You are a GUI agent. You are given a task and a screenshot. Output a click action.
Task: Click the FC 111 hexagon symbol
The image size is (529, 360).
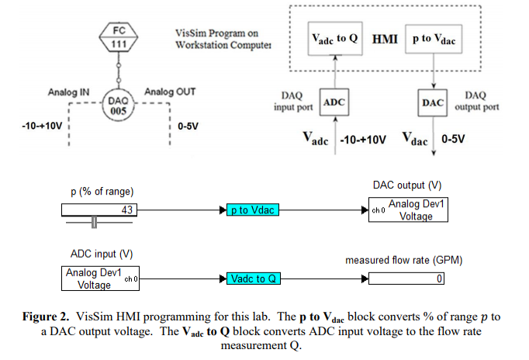(119, 37)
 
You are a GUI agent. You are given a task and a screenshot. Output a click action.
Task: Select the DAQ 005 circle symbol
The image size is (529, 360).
(119, 104)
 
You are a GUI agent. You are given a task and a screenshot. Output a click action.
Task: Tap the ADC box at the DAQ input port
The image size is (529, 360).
(334, 103)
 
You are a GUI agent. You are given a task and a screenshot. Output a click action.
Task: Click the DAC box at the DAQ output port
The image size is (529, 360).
(432, 103)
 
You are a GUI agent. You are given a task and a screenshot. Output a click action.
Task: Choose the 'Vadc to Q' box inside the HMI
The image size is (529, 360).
(334, 38)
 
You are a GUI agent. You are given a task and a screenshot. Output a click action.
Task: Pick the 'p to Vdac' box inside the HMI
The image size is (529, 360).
(431, 38)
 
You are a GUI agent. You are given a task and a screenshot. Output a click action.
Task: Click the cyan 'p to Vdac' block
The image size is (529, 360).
(252, 210)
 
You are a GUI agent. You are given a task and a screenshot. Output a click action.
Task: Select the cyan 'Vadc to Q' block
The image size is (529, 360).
(253, 279)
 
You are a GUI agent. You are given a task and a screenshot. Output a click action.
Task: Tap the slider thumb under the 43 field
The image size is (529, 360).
(95, 223)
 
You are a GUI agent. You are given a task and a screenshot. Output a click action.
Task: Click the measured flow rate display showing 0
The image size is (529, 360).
(406, 279)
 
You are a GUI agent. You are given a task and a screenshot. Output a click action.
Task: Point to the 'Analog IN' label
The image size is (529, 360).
(68, 92)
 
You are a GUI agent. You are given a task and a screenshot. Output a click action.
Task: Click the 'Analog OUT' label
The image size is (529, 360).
(170, 92)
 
